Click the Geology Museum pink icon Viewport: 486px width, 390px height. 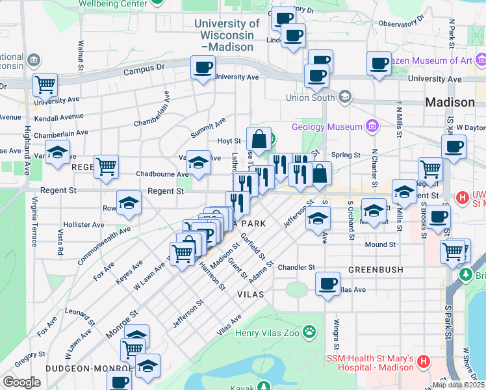coord(372,125)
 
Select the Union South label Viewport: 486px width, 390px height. coord(311,98)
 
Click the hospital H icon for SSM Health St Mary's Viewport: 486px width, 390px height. coord(423,360)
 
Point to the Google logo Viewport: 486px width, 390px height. coord(21,382)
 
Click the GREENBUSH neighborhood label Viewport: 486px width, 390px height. coord(376,269)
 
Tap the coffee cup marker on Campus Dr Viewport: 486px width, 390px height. coord(203,68)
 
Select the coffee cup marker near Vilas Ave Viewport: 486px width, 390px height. coord(327,283)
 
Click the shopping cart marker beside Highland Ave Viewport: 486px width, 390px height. coord(45,84)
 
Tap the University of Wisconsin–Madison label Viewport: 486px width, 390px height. coord(227,35)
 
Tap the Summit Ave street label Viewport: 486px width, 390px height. coord(208,128)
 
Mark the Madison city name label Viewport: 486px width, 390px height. coord(450,102)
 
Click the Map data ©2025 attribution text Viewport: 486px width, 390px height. coord(459,384)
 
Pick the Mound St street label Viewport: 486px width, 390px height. coord(380,245)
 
